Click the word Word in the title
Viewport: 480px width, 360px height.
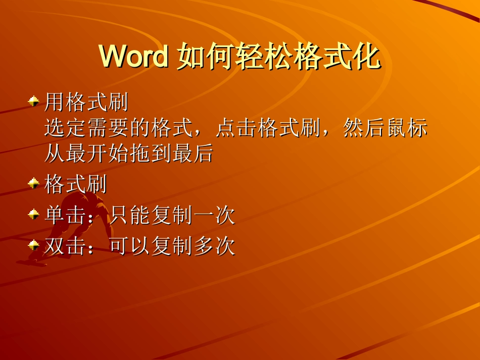coord(134,57)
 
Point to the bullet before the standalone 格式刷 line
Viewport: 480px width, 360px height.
coord(34,183)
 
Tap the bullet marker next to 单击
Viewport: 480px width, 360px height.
coord(34,215)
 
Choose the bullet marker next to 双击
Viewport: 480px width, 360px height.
coord(34,245)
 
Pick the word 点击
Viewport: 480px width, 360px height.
coord(236,129)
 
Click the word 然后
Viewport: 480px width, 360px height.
coord(364,129)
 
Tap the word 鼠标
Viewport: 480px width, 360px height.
coord(407,129)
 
